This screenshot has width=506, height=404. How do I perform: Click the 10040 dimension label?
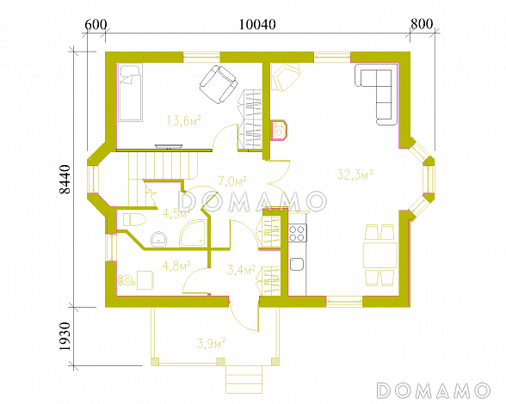[257, 25]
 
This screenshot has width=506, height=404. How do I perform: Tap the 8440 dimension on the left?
[65, 180]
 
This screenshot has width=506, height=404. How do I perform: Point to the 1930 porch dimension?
[65, 337]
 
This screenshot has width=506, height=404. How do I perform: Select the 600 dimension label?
[96, 25]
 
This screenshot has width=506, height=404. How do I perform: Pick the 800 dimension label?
[422, 24]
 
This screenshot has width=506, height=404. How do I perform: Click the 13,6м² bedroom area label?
[184, 120]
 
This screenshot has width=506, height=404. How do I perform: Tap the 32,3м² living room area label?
[355, 174]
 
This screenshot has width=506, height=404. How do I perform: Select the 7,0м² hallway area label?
[232, 181]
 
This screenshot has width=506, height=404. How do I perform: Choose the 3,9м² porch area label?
[211, 343]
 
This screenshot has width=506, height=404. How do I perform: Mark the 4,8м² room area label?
[176, 266]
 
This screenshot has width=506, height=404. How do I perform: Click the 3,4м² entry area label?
[241, 270]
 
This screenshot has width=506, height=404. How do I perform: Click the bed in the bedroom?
[131, 92]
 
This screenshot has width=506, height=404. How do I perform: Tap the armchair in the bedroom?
[219, 84]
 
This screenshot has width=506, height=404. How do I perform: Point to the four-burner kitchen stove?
[297, 233]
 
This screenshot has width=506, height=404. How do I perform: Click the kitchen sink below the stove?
[297, 264]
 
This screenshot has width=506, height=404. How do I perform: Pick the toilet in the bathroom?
[134, 219]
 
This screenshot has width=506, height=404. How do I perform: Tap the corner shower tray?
[193, 233]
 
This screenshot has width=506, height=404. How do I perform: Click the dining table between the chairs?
[380, 255]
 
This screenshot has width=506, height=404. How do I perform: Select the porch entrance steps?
[244, 379]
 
